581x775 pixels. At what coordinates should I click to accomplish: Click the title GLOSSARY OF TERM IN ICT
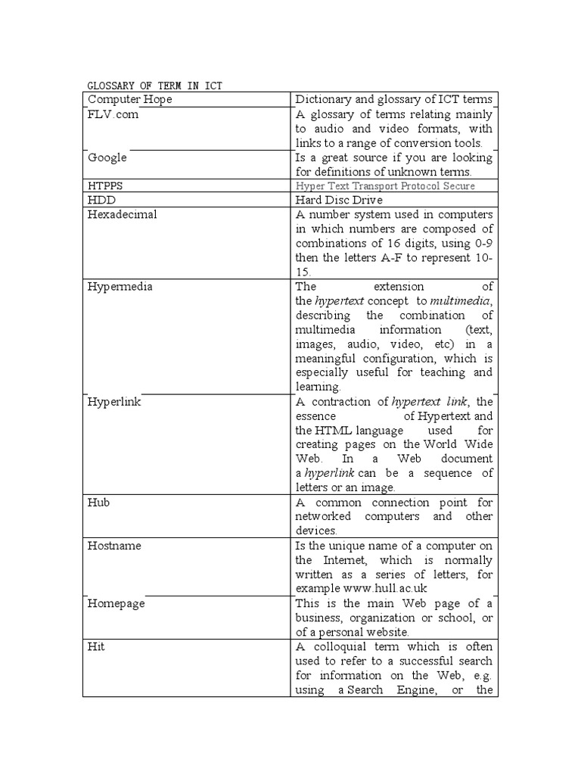coord(155,86)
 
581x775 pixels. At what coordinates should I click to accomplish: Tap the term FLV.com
coord(113,115)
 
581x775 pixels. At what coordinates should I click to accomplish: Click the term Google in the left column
coord(107,157)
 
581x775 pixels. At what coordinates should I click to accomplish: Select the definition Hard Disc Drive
coord(339,201)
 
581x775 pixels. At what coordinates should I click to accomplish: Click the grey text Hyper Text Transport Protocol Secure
coord(386,186)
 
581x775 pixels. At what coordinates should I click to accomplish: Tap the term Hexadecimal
coord(123,214)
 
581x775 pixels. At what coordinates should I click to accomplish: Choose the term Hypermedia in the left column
coord(120,287)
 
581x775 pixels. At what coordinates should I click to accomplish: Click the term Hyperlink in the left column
coord(115,402)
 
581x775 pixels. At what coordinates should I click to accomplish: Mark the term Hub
coord(99,503)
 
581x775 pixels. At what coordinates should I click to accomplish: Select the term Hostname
coord(115,546)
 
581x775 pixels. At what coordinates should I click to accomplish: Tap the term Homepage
coord(117,604)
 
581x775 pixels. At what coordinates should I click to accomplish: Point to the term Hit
coord(96,647)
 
